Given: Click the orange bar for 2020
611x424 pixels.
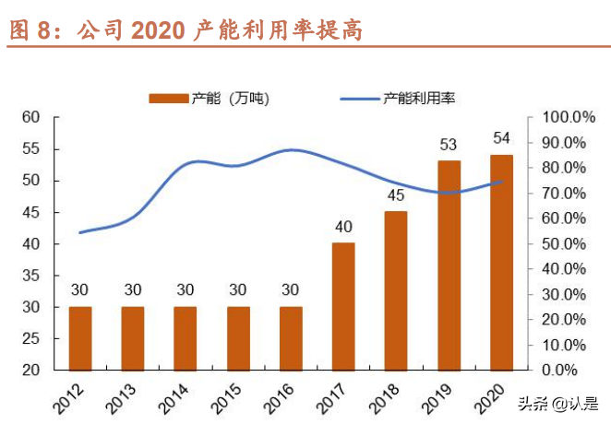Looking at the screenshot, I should pyautogui.click(x=501, y=263).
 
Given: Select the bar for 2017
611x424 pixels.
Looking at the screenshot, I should pyautogui.click(x=343, y=306).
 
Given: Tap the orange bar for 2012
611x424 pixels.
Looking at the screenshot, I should pyautogui.click(x=80, y=337).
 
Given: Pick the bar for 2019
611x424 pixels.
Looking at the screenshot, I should pyautogui.click(x=449, y=265).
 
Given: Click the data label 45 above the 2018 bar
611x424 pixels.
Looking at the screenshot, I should pyautogui.click(x=396, y=195).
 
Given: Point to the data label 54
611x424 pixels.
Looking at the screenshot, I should pyautogui.click(x=501, y=138).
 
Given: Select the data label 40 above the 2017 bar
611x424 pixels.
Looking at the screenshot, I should pyautogui.click(x=343, y=227).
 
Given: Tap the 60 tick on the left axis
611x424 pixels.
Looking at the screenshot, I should pyautogui.click(x=32, y=117).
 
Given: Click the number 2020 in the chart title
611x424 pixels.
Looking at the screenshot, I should pyautogui.click(x=159, y=29).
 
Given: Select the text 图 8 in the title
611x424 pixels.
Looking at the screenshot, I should pyautogui.click(x=27, y=29).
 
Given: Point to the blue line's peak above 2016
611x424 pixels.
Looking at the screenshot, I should pyautogui.click(x=291, y=149).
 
